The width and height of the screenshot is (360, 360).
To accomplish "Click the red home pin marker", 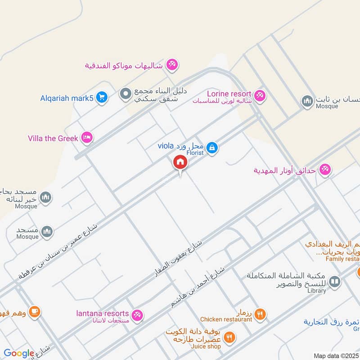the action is (180, 162).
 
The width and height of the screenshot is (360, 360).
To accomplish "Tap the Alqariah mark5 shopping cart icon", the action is (102, 97).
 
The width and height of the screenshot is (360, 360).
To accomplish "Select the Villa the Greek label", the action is (53, 138).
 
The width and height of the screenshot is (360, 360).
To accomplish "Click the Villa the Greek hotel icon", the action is (87, 138).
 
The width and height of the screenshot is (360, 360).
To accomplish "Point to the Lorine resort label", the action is (229, 94).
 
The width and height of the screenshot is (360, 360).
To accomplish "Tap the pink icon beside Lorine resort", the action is (260, 95).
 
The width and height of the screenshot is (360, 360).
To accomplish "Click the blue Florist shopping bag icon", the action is (213, 147).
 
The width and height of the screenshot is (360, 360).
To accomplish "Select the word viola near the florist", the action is (166, 145).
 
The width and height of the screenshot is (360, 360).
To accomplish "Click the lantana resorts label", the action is (103, 313).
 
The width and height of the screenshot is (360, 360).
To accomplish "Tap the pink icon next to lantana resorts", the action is (138, 315).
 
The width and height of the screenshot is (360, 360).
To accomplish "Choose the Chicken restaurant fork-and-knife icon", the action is (260, 314).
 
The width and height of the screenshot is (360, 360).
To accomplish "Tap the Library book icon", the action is (334, 282).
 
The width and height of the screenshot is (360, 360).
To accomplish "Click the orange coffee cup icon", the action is (35, 311).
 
